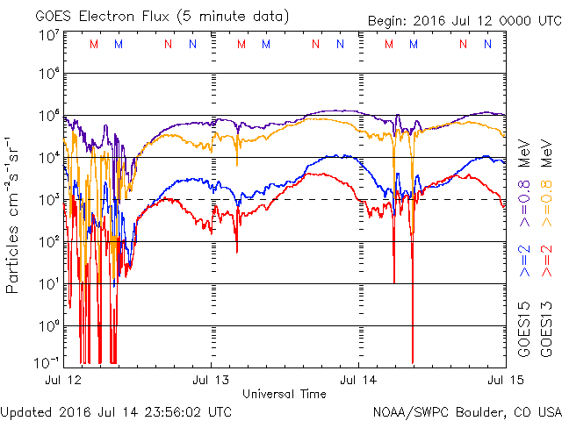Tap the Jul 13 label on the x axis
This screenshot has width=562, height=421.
tap(212, 380)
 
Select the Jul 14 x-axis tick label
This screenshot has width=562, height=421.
tap(359, 380)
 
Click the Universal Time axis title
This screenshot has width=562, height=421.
tap(285, 394)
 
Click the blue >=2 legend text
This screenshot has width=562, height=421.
tap(523, 262)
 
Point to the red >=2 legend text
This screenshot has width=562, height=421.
tap(545, 262)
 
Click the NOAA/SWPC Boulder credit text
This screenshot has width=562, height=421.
tap(466, 410)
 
